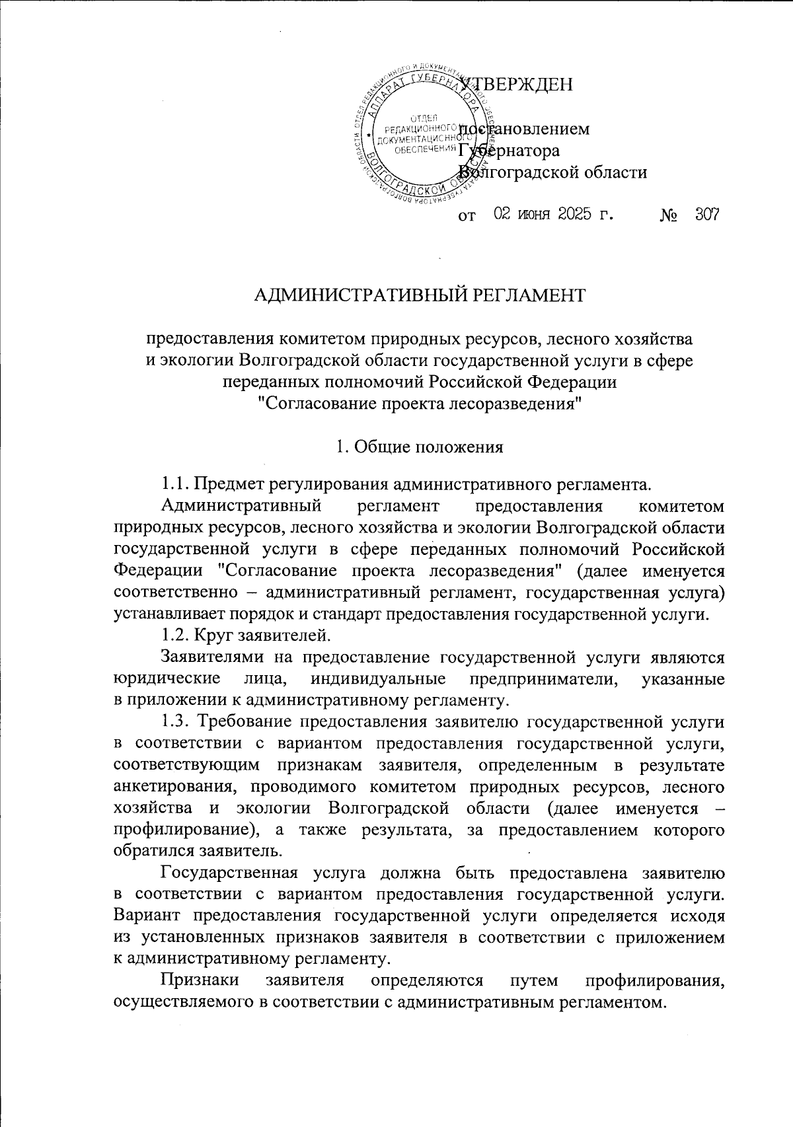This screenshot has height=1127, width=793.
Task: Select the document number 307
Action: click(706, 215)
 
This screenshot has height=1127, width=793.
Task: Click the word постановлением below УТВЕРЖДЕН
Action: click(524, 129)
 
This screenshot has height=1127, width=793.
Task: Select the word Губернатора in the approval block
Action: click(510, 151)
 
